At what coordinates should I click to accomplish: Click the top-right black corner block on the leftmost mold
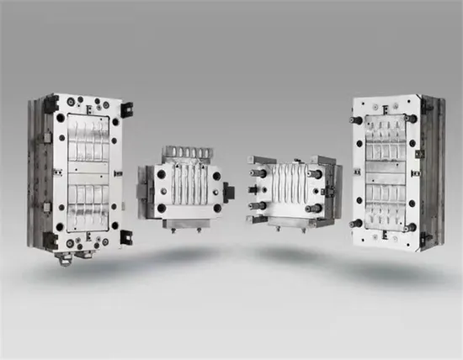click(x=126, y=109)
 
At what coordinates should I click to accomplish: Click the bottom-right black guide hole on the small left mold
click(x=217, y=208)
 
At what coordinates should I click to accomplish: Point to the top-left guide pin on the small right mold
click(x=262, y=173)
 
